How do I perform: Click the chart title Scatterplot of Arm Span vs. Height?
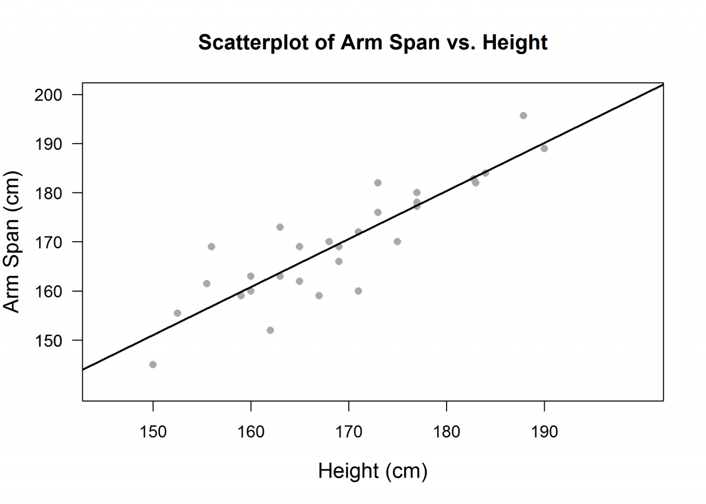[x=373, y=42]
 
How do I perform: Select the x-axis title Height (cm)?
[x=372, y=471]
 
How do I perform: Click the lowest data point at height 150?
[x=153, y=365]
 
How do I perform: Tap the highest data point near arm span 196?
[x=523, y=115]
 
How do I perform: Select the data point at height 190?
[x=544, y=148]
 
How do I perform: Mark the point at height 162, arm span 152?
[x=270, y=330]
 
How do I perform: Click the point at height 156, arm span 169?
[x=211, y=246]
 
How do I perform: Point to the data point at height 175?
[x=397, y=242]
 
